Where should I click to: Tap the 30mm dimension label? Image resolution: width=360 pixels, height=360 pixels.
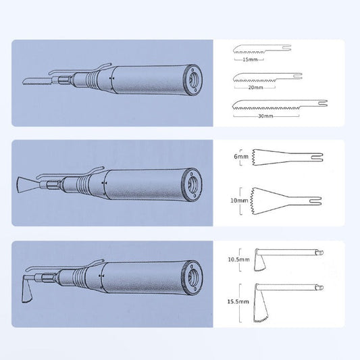(265, 116)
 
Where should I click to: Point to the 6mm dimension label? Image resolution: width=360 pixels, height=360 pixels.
(240, 157)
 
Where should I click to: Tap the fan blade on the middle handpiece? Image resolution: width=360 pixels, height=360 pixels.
(25, 182)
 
